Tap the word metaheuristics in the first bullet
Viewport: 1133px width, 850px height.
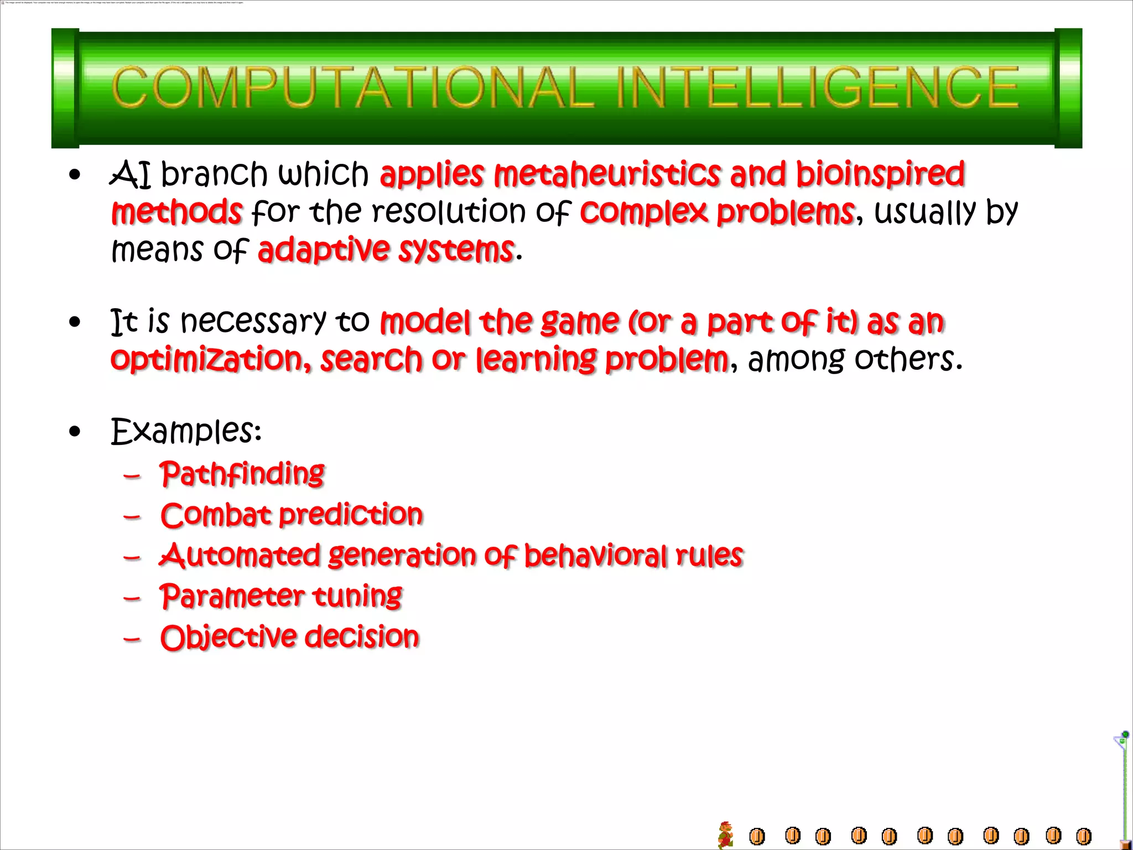point(607,174)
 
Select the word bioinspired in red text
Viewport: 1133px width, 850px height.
point(880,174)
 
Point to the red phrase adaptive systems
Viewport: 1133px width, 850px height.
point(386,250)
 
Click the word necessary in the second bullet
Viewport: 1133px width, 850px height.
point(253,322)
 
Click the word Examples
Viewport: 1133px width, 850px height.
point(186,432)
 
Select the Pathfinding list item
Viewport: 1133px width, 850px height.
point(242,474)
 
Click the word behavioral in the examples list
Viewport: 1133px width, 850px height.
point(595,556)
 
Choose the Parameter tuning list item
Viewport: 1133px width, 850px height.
point(281,597)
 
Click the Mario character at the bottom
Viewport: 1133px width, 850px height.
point(725,835)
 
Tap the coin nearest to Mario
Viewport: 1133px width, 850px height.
point(757,836)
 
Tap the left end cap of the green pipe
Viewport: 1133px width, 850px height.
point(65,88)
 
